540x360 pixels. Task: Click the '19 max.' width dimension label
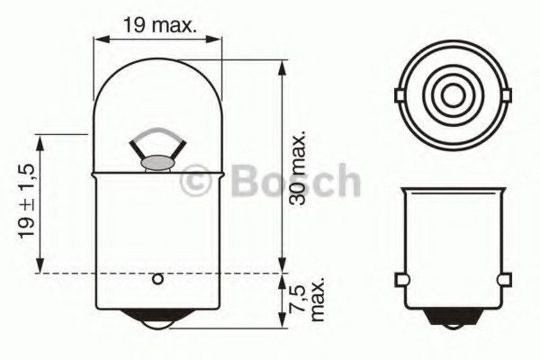[x=159, y=26]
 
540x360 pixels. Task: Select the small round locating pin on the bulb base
[x=158, y=279]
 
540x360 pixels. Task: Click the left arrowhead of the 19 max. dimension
[x=100, y=39]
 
